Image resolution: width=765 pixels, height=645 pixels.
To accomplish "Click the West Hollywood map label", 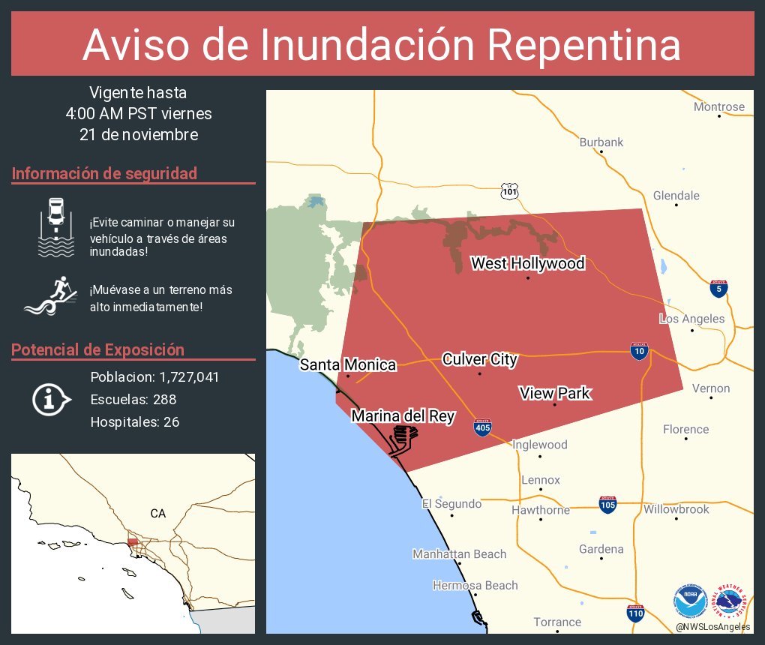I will click(x=527, y=263).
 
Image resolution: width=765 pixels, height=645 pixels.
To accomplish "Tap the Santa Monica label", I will click(x=348, y=364).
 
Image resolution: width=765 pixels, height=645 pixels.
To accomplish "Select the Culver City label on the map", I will click(x=479, y=359).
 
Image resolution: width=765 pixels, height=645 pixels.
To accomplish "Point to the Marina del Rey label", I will click(x=403, y=416).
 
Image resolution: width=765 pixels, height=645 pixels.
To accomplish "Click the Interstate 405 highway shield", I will click(x=483, y=427).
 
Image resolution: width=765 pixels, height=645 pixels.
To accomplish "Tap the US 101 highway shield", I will click(x=510, y=191).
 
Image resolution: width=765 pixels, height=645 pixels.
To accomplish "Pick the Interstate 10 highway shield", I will click(x=639, y=351).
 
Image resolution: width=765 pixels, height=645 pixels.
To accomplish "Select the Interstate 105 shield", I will click(x=607, y=504).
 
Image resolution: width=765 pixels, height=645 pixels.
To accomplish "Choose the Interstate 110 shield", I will click(x=635, y=612).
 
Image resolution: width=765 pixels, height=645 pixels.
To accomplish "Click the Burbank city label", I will click(x=601, y=142).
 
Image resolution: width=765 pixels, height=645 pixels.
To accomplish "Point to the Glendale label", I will click(x=676, y=196).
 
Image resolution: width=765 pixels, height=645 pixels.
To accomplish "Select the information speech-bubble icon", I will click(x=51, y=399).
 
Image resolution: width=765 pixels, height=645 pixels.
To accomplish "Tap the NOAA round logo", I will click(x=690, y=601).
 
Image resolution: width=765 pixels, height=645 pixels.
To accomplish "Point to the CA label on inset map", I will click(x=157, y=514).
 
